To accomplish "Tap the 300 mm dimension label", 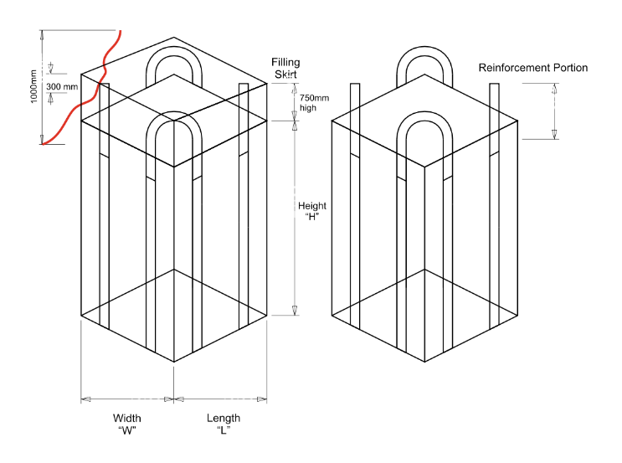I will (x=62, y=86).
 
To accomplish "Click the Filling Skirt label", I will (x=285, y=68).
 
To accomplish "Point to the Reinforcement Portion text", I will (x=532, y=68).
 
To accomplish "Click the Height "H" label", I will (x=315, y=212).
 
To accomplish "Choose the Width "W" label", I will (x=127, y=424).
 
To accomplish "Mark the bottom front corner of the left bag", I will (x=174, y=362).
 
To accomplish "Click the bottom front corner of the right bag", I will (x=425, y=362).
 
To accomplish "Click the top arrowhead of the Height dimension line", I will (x=295, y=126).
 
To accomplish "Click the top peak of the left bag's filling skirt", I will (x=174, y=38).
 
